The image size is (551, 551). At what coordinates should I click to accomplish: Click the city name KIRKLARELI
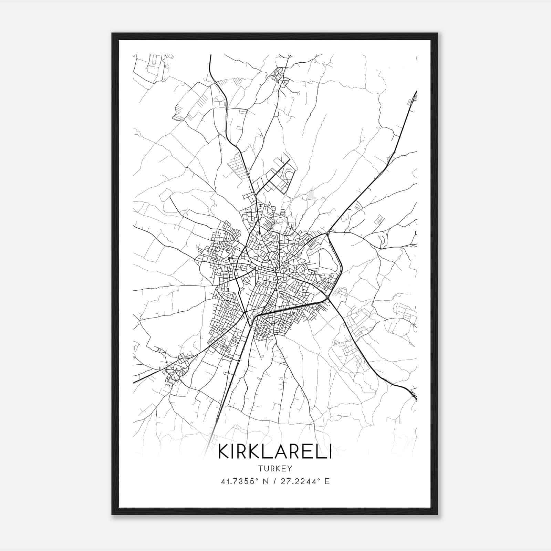275,452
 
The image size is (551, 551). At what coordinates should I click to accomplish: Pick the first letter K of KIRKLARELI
224,452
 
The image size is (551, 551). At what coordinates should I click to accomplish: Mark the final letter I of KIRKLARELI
330,452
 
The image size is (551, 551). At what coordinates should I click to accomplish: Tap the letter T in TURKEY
259,469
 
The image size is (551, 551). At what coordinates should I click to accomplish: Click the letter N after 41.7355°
265,481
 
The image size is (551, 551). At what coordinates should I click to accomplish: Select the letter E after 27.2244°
327,481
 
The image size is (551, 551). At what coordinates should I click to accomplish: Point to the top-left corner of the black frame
112,33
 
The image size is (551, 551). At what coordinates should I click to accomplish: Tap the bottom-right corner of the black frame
437,514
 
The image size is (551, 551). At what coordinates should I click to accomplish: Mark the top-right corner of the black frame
437,33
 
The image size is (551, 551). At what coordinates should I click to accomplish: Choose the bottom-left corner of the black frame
112,514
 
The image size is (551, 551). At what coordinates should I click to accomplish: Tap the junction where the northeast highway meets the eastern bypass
329,233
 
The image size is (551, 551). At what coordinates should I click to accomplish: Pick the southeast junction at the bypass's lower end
329,298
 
